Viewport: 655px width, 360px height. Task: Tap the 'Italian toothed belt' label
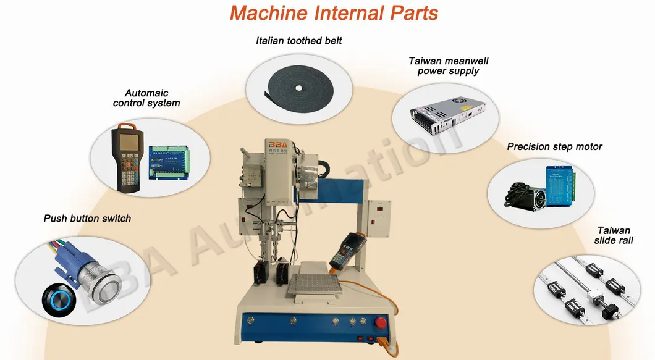pyautogui.click(x=299, y=41)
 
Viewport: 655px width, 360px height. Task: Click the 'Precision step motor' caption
pyautogui.click(x=554, y=146)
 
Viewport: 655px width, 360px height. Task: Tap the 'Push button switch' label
pyautogui.click(x=87, y=218)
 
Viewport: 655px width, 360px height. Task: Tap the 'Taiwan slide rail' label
pyautogui.click(x=614, y=234)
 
